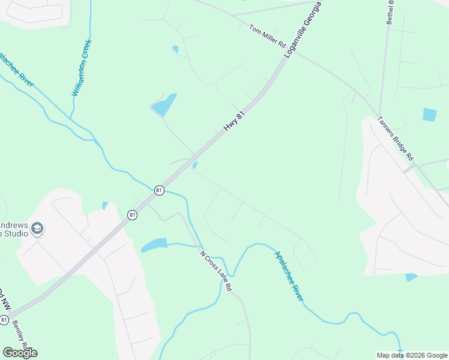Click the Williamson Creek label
[x=80, y=67]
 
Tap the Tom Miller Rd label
[x=267, y=37]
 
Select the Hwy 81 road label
[x=235, y=121]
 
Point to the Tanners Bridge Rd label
[x=396, y=137]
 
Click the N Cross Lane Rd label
[x=215, y=271]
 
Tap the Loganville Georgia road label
[x=304, y=29]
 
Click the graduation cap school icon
[x=37, y=228]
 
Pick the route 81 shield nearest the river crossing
[x=158, y=190]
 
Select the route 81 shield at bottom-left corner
[x=4, y=320]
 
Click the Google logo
[x=20, y=353]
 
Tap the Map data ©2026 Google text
[x=411, y=355]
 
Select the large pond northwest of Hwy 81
[x=164, y=106]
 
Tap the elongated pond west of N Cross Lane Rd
[x=154, y=245]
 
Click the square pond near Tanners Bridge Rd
[x=429, y=115]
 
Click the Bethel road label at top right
[x=390, y=11]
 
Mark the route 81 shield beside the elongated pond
[x=132, y=214]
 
